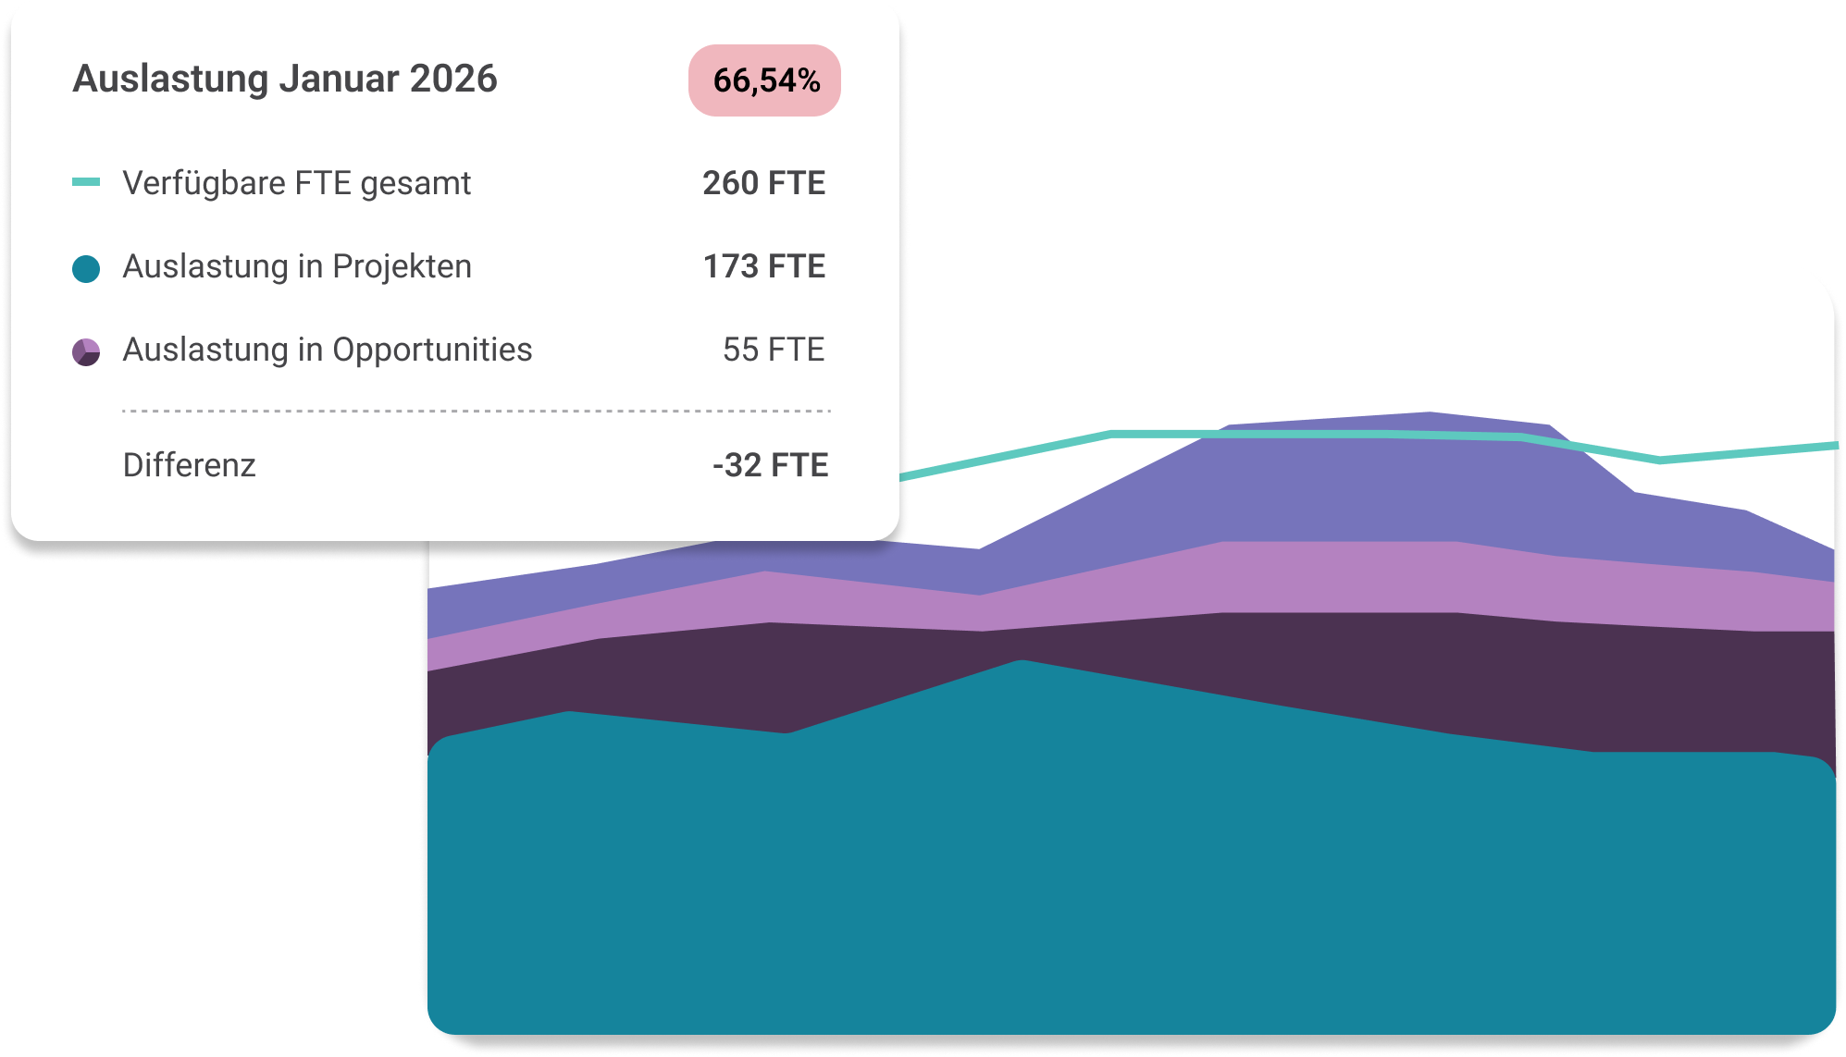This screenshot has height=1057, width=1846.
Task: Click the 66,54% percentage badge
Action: click(x=764, y=80)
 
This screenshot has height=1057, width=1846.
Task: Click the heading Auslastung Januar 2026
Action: click(x=285, y=79)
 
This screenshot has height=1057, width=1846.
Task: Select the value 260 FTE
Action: click(x=763, y=183)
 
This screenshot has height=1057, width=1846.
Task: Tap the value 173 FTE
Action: click(x=763, y=266)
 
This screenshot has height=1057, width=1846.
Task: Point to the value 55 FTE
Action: click(x=773, y=350)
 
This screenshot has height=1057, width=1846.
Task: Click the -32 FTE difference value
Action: click(x=770, y=465)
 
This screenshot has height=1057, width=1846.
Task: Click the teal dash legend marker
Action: click(x=86, y=182)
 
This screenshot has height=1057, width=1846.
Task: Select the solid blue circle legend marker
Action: click(x=86, y=269)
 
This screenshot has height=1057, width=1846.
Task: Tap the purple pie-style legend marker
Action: click(x=86, y=352)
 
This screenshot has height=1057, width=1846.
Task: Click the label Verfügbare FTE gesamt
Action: click(x=296, y=183)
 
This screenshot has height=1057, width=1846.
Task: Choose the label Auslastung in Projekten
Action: click(x=297, y=266)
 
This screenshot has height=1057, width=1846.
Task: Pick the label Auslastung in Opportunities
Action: click(x=328, y=350)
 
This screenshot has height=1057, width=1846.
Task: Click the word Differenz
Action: click(x=190, y=465)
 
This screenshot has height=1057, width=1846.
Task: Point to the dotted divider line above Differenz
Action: click(x=477, y=411)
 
